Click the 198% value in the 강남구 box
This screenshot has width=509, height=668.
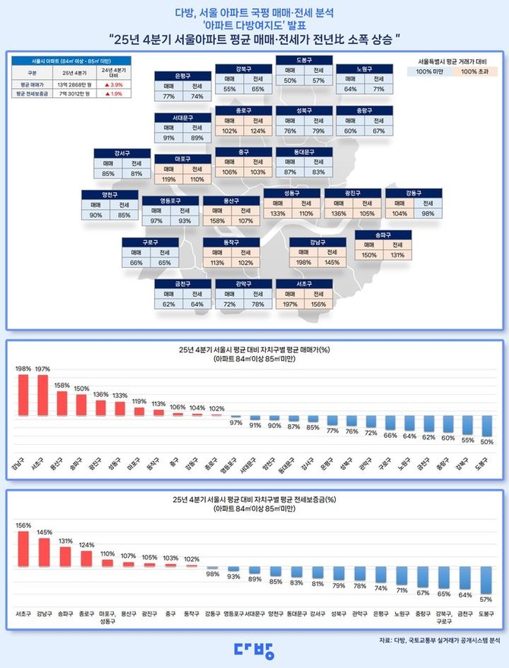point(303,263)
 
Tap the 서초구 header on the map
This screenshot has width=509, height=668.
point(304,284)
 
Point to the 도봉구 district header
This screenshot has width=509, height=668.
point(304,59)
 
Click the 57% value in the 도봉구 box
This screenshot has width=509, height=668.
point(318,80)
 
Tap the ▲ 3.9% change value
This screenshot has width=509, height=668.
point(112,83)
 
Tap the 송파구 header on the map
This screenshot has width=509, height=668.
point(383,235)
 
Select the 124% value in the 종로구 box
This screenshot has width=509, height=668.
point(258,130)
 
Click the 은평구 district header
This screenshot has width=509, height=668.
point(182,76)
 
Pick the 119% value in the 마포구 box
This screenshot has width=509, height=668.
point(168,179)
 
